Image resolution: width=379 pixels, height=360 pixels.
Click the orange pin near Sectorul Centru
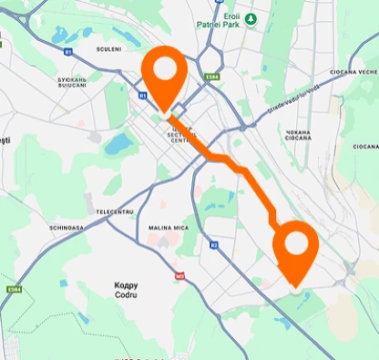pyautogui.click(x=165, y=72)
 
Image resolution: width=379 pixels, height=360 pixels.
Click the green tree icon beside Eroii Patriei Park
pyautogui.click(x=251, y=18)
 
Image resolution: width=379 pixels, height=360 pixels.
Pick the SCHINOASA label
pyautogui.click(x=67, y=228)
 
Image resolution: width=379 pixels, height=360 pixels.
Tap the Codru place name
pyautogui.click(x=126, y=289)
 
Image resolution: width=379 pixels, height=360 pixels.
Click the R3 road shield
pyautogui.click(x=213, y=244)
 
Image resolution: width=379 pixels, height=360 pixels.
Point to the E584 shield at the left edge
pyautogui.click(x=14, y=289)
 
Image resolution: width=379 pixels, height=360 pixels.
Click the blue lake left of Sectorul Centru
pyautogui.click(x=118, y=143)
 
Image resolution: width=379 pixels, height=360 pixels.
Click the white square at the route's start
pyautogui.click(x=177, y=111)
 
